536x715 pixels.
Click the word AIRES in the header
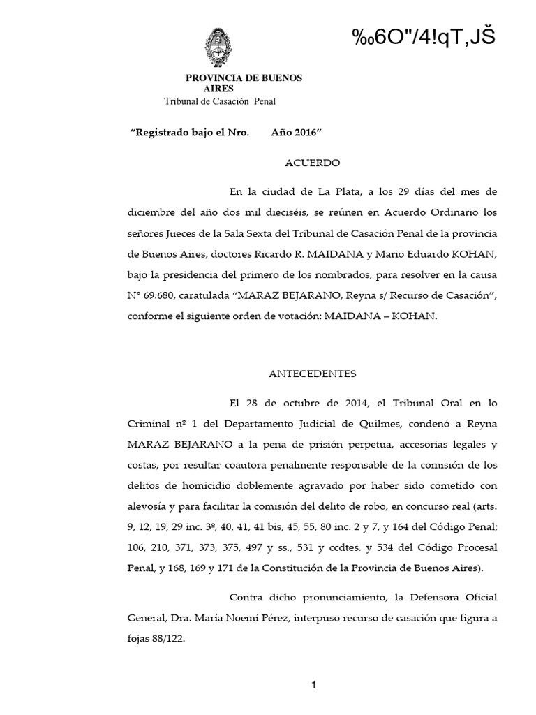click(x=219, y=89)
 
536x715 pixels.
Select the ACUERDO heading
click(x=313, y=163)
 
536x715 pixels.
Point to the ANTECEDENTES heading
click(x=313, y=374)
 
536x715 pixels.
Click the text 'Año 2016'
click(x=296, y=131)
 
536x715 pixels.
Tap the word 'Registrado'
click(x=159, y=131)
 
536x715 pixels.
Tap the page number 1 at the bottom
click(x=315, y=686)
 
